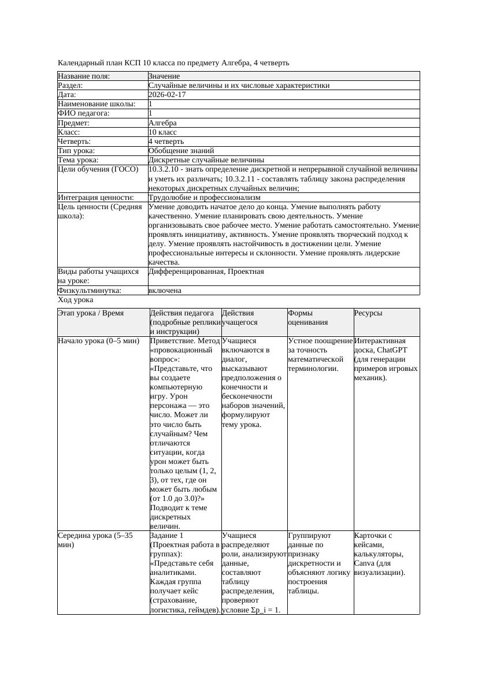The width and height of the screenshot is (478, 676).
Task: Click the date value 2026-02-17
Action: pyautogui.click(x=167, y=95)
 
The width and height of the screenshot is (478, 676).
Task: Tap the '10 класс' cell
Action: pyautogui.click(x=162, y=132)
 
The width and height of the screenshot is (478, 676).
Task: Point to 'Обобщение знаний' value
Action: pyautogui.click(x=177, y=150)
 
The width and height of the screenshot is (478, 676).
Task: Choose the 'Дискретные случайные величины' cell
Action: pyautogui.click(x=206, y=159)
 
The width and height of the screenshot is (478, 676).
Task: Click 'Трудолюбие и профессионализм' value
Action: pyautogui.click(x=204, y=198)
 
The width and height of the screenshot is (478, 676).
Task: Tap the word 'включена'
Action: pyautogui.click(x=165, y=291)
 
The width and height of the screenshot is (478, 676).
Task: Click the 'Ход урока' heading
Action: pyautogui.click(x=75, y=300)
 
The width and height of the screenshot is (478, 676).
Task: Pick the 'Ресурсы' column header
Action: pyautogui.click(x=368, y=313)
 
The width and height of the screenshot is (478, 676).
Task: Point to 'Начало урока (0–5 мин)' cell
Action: pyautogui.click(x=98, y=341)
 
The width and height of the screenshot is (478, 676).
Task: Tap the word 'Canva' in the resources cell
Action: pyautogui.click(x=364, y=563)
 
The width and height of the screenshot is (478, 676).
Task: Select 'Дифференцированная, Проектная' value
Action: pyautogui.click(x=206, y=272)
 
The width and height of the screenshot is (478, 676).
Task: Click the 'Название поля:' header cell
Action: pyautogui.click(x=84, y=76)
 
